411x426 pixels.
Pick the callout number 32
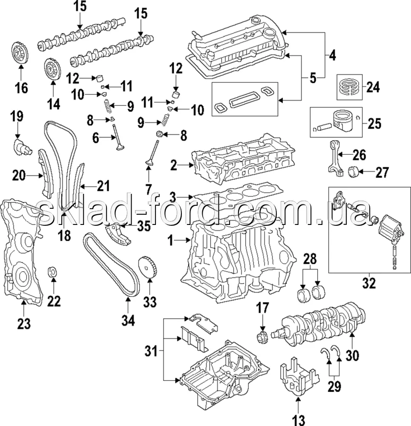click(x=369, y=283)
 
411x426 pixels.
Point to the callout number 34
click(x=128, y=319)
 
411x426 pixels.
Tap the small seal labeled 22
click(x=53, y=271)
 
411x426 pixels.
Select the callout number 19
click(x=17, y=116)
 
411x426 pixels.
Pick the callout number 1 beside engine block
click(x=171, y=242)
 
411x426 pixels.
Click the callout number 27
click(x=382, y=173)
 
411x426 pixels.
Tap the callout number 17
click(x=263, y=308)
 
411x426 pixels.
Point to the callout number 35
click(x=144, y=226)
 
